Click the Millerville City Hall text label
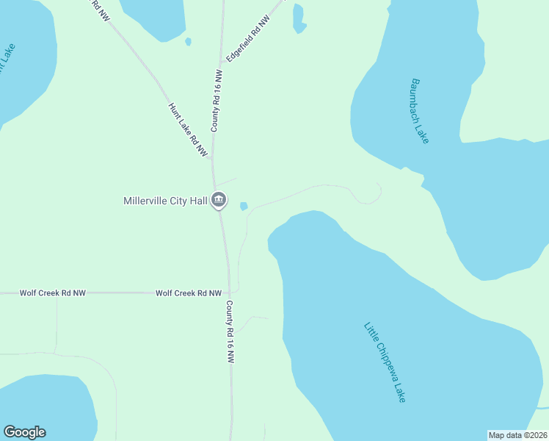[165, 200]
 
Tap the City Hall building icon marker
[219, 200]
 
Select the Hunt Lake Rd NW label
[188, 129]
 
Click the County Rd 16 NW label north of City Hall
[217, 101]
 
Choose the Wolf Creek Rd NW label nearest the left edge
[53, 293]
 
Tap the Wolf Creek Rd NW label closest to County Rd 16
[189, 293]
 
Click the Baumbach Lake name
[420, 111]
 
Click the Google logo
[24, 432]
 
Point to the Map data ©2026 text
[517, 435]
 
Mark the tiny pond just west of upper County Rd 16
[189, 42]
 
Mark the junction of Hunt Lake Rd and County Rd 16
[212, 158]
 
